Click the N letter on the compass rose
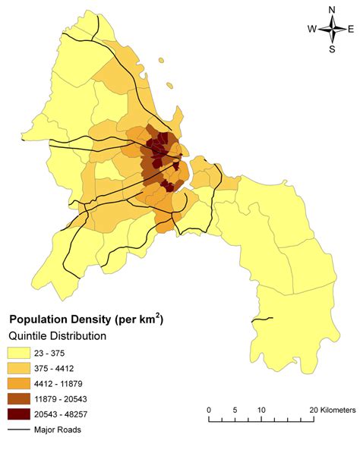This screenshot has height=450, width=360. pos(332,9)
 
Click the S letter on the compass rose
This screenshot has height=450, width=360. pos(332,49)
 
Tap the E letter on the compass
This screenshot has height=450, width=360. pos(350,29)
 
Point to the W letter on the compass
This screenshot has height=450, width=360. pos(312,29)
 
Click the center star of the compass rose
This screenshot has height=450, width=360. pos(332,29)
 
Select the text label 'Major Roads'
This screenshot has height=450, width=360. pos(58,430)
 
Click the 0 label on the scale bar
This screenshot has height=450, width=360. pos(209,410)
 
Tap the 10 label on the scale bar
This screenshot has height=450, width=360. pos(261,410)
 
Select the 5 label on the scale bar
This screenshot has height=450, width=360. pos(235,410)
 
